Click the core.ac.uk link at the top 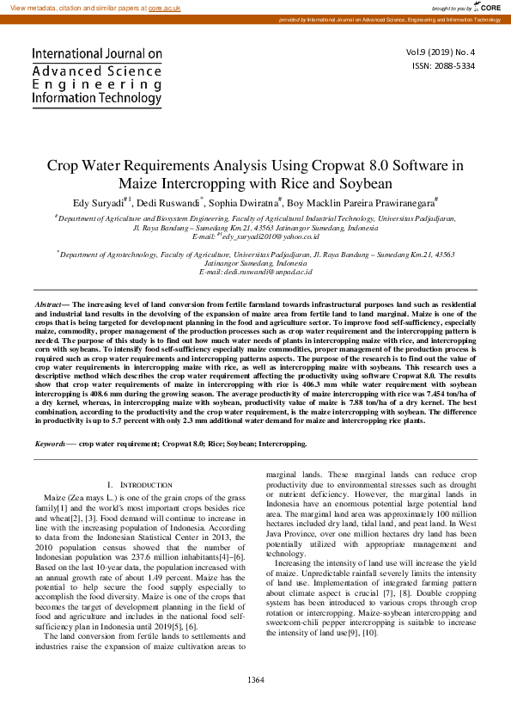click(x=164, y=7)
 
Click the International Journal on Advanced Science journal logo click(x=96, y=76)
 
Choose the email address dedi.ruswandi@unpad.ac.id click(x=267, y=272)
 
